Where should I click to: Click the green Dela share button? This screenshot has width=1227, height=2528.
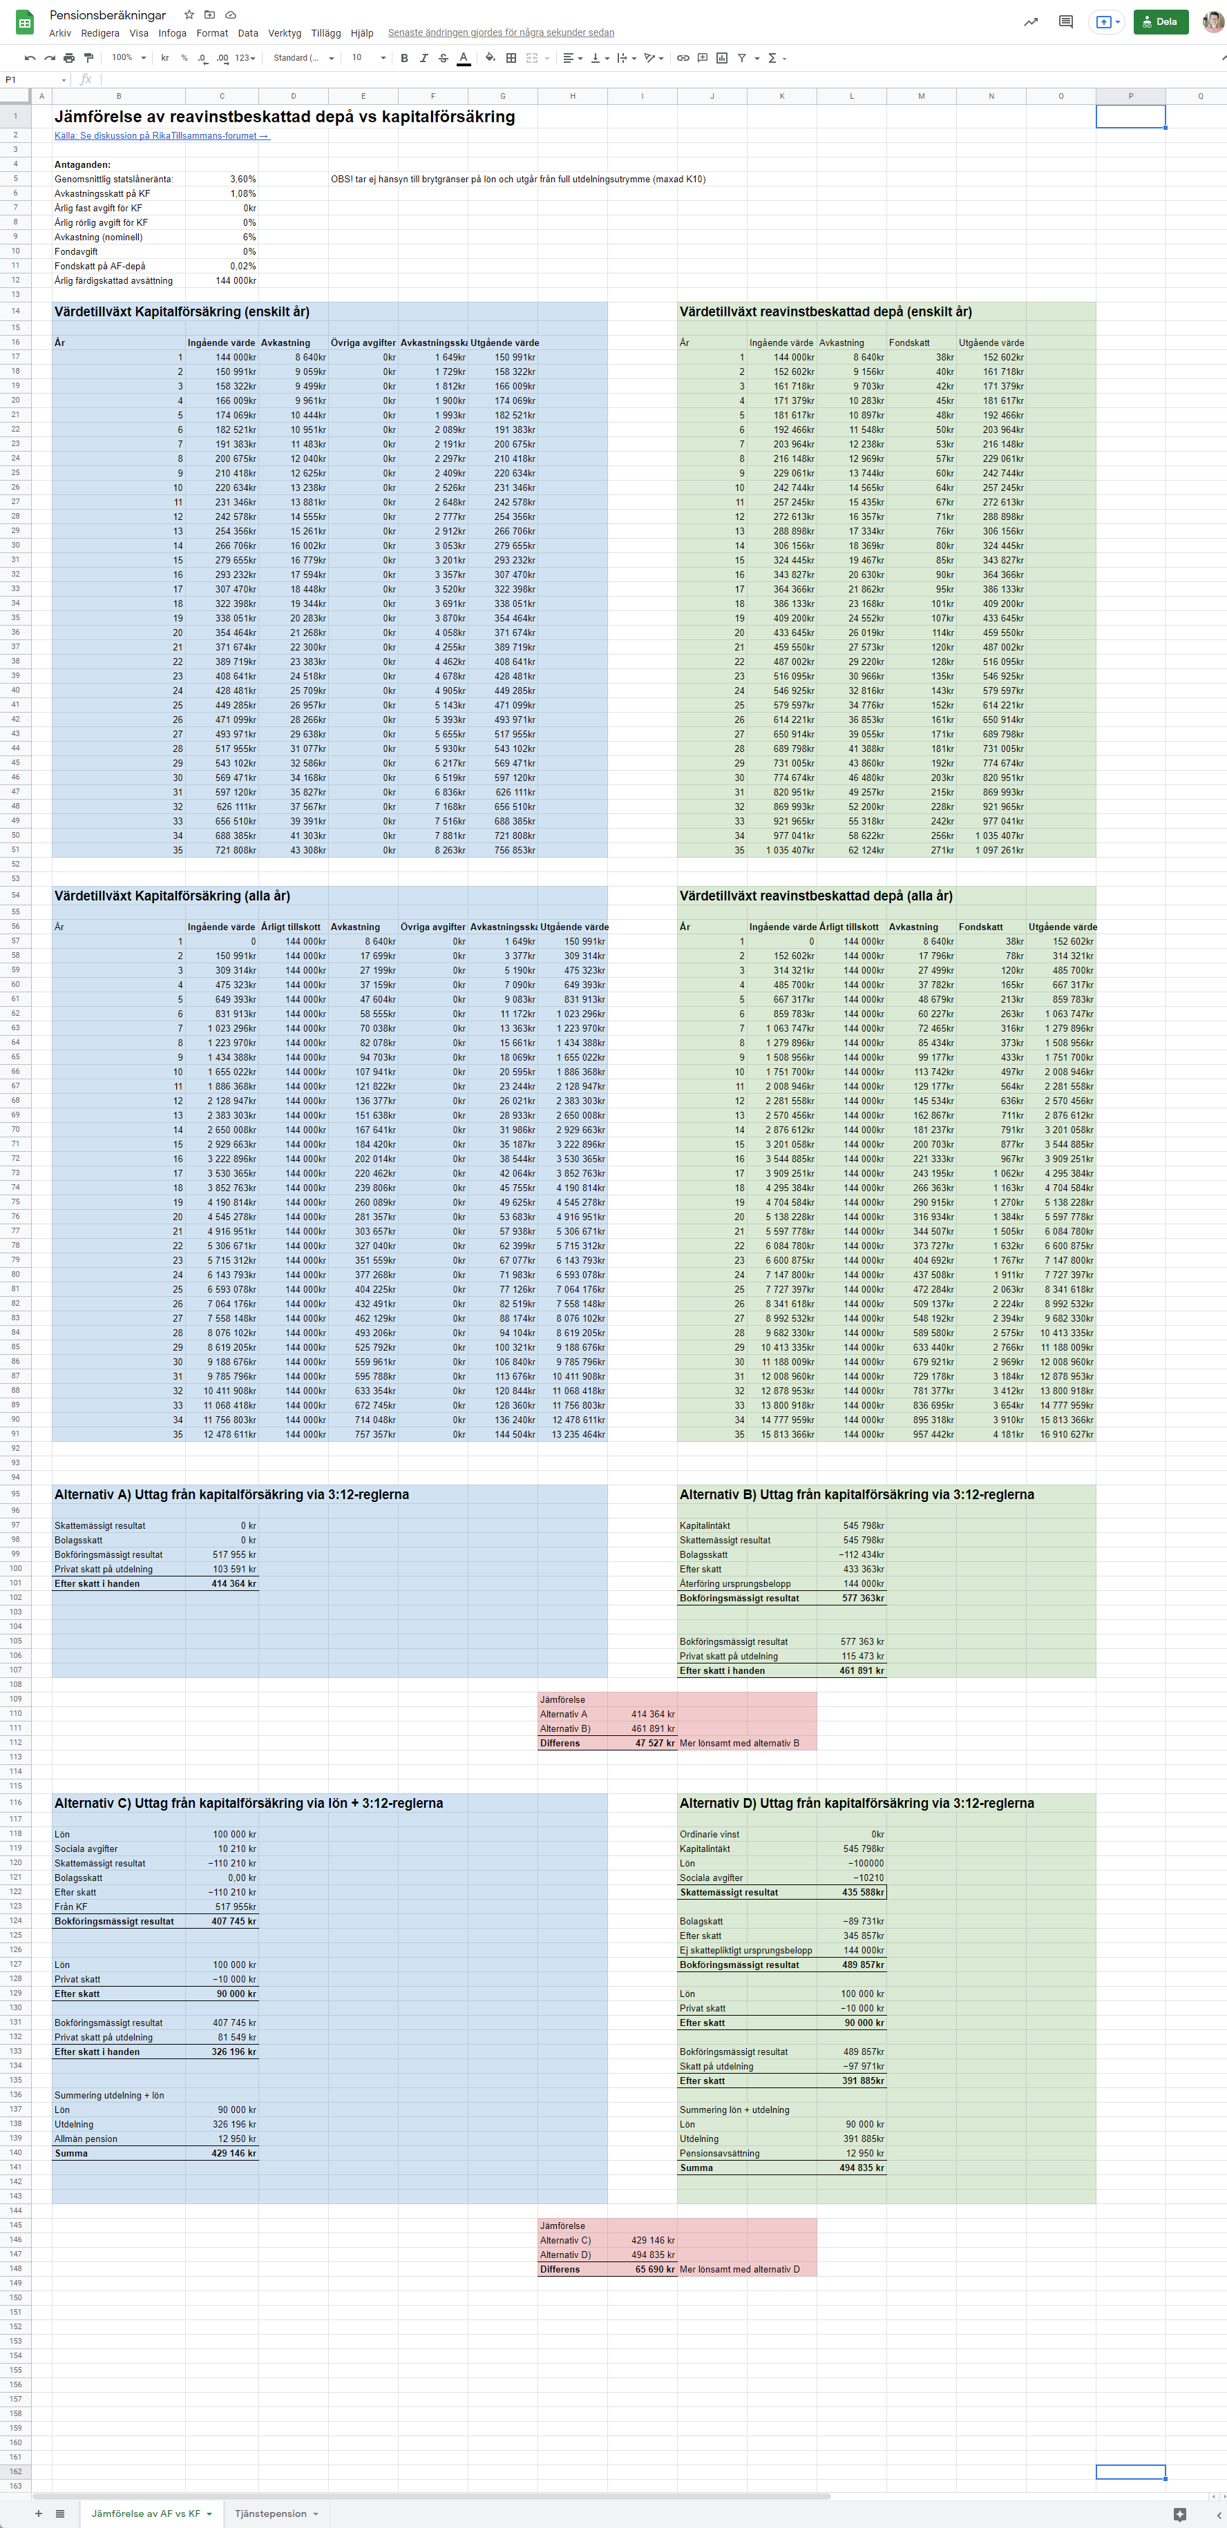tap(1160, 21)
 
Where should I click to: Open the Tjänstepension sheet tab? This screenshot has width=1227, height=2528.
tap(270, 2513)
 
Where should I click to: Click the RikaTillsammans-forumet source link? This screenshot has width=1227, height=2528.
tap(162, 135)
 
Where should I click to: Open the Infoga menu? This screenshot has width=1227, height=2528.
tap(172, 32)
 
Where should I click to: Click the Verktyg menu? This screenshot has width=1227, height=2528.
tap(285, 32)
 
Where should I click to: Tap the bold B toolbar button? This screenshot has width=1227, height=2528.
tap(404, 58)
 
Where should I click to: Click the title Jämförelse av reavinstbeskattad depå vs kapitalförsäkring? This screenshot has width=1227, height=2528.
tap(285, 117)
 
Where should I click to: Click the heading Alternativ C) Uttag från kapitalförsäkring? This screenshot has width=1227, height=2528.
tap(248, 1803)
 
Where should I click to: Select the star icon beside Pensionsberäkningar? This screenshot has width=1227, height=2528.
tap(189, 15)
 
